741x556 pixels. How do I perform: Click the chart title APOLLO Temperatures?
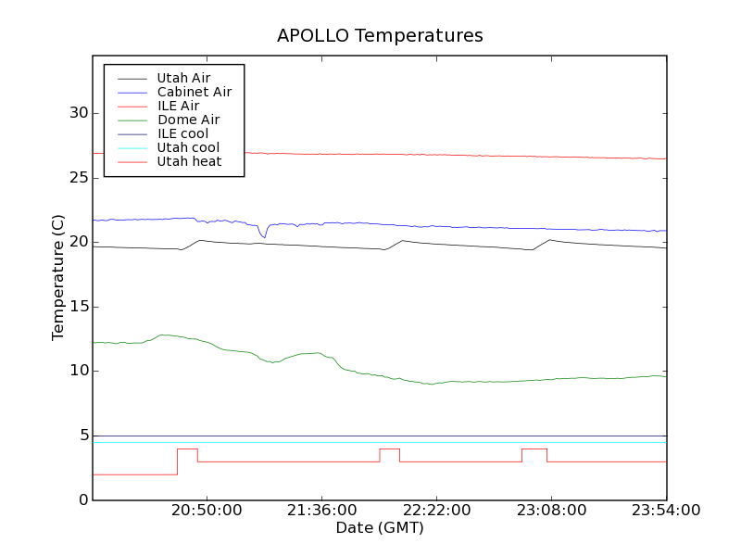coord(380,36)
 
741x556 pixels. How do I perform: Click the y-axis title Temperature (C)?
coord(58,278)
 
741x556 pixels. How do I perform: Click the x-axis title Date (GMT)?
coord(380,528)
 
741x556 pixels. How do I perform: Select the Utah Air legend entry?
coord(183,78)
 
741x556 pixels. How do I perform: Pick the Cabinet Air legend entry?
coord(195,92)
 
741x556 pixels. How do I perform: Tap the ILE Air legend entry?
coord(178,106)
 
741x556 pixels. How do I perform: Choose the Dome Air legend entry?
coord(188,120)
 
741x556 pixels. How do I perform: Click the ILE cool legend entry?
coord(182,133)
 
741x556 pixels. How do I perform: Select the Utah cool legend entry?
coord(188,147)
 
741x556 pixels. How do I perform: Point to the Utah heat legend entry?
coord(188,161)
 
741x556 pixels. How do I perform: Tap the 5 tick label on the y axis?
coord(83,436)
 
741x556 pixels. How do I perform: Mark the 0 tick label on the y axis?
coord(83,500)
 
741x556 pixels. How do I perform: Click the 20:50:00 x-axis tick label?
coord(207,511)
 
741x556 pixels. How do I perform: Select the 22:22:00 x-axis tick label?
coord(436,511)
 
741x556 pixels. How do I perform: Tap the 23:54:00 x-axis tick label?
coord(666,511)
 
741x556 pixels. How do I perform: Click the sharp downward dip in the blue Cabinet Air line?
coord(264,237)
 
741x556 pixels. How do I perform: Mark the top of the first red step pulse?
coord(187,449)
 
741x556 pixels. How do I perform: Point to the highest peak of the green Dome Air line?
coord(165,335)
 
